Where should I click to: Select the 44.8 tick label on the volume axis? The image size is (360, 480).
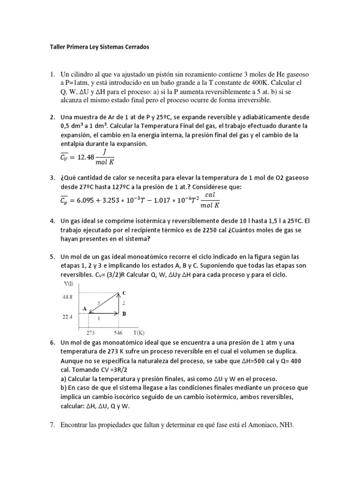point(67,296)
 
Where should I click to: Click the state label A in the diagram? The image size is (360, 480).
point(84,308)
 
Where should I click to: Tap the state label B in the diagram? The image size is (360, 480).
point(124,314)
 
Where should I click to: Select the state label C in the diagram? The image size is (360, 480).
point(124,292)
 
